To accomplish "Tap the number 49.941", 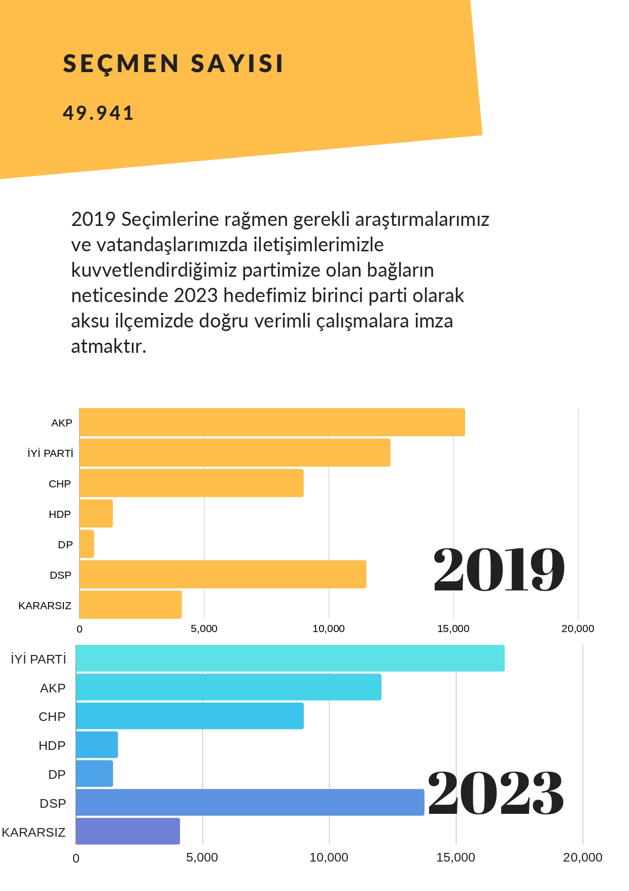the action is (x=98, y=113).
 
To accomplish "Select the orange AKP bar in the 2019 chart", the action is (x=272, y=422).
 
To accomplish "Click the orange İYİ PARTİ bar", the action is (x=235, y=452).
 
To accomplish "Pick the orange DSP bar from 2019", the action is (x=223, y=574).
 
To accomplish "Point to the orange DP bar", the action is (x=87, y=544).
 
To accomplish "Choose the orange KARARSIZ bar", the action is (x=131, y=605).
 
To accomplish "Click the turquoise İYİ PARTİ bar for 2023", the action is (x=290, y=658).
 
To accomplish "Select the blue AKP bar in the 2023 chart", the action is (x=229, y=687).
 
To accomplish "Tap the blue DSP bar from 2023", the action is (x=250, y=803).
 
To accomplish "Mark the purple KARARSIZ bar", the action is (x=128, y=832).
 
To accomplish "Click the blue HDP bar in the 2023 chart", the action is (x=97, y=745).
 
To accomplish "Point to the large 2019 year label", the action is (x=499, y=570).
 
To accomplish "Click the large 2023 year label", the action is (x=496, y=793).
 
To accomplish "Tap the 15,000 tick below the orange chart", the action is (x=453, y=629).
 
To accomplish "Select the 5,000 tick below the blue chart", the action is (x=202, y=858).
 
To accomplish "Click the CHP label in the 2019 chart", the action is (x=60, y=484).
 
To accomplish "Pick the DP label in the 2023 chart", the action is (x=57, y=775).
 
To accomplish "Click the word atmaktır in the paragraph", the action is (x=109, y=346).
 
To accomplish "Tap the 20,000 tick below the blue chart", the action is (x=583, y=858).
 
